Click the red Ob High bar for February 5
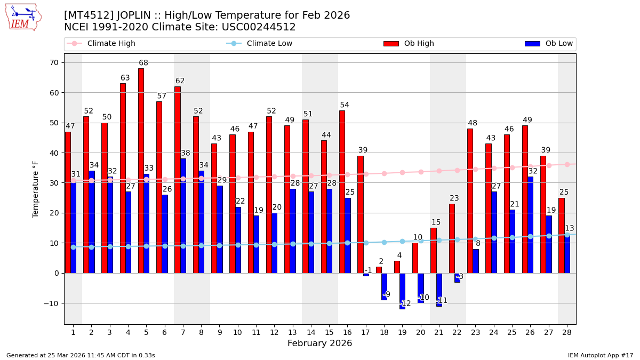141,171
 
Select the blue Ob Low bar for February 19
402,291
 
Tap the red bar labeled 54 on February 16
342,192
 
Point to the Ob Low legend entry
549,44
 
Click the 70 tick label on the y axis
54,62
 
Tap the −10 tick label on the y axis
52,303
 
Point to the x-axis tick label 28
567,332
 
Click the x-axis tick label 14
311,332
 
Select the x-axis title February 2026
320,343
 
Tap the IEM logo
23,17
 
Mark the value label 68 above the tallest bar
143,63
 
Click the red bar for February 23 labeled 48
470,201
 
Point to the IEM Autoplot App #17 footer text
601,355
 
